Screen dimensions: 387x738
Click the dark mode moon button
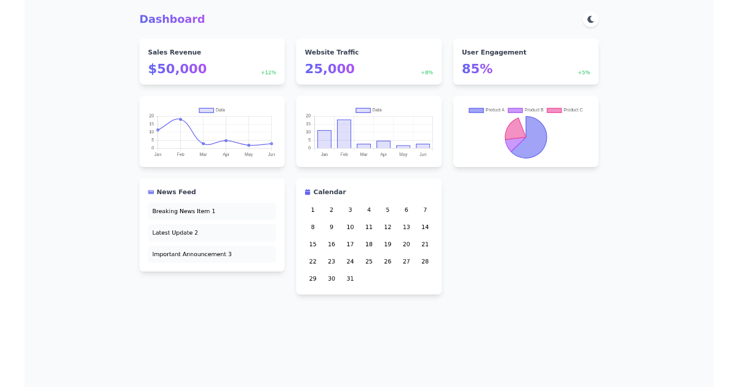coord(590,20)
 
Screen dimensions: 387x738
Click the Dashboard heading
coord(172,19)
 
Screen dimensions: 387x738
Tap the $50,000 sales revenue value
coord(177,69)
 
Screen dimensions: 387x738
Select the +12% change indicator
coord(268,72)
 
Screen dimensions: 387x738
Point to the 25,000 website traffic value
coord(330,69)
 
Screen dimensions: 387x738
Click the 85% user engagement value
coord(477,69)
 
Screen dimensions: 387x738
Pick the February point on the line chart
coord(180,119)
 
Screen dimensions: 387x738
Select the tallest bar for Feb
coord(344,133)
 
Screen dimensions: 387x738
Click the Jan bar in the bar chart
coord(324,139)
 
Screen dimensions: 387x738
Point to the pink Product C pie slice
coord(515,128)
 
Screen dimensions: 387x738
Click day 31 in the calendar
coord(350,279)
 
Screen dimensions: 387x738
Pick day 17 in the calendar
coord(350,244)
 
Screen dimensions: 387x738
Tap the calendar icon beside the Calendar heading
coord(307,192)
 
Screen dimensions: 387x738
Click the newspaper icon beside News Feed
coord(151,192)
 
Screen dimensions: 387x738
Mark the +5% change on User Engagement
coord(584,72)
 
